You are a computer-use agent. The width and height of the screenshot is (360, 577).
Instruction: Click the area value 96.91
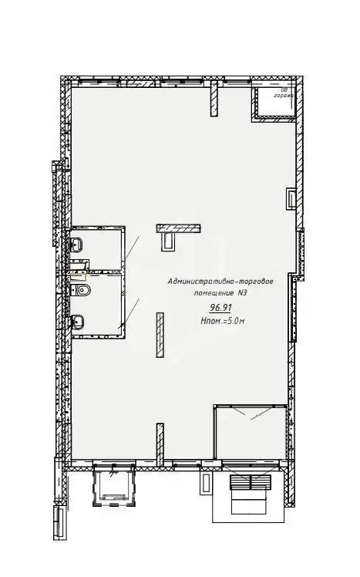pos(210,308)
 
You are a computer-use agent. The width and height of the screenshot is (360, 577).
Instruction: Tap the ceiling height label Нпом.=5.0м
pos(221,320)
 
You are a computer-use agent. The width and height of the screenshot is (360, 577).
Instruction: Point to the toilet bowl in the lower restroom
pos(83,291)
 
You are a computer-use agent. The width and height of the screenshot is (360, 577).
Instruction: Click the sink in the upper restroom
pos(76,245)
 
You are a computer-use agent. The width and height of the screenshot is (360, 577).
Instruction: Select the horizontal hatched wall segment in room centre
pos(179,228)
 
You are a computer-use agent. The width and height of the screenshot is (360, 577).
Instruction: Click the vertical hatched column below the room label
pos(160,334)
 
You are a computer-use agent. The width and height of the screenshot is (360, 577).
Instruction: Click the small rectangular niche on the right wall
pos(291,198)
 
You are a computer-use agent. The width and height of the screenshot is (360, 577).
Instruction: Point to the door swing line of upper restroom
pos(131,248)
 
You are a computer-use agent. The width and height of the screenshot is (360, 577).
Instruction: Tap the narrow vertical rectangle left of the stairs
pos(207,484)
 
